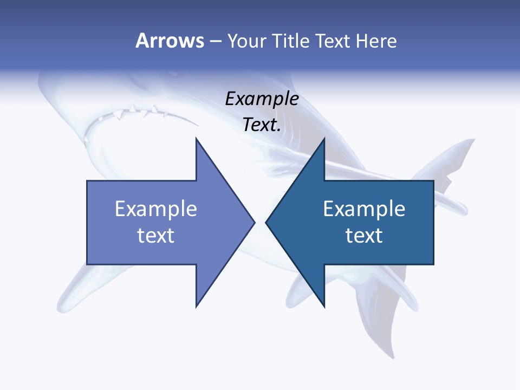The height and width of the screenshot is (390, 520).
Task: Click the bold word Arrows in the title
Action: pyautogui.click(x=170, y=41)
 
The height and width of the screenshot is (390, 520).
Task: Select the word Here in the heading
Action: pyautogui.click(x=376, y=41)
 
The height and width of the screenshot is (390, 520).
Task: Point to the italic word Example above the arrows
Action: pyautogui.click(x=262, y=99)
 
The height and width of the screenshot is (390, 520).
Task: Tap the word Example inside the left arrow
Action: pyautogui.click(x=156, y=209)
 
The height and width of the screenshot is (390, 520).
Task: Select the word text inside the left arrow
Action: pyautogui.click(x=156, y=236)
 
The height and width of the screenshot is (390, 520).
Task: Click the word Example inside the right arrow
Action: pyautogui.click(x=364, y=209)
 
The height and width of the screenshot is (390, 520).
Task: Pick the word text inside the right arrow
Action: pyautogui.click(x=364, y=236)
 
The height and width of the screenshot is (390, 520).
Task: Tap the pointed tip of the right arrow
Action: pyautogui.click(x=266, y=222)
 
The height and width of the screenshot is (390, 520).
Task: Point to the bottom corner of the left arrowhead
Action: pyautogui.click(x=196, y=306)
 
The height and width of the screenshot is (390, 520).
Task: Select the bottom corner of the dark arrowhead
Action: pyautogui.click(x=324, y=306)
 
